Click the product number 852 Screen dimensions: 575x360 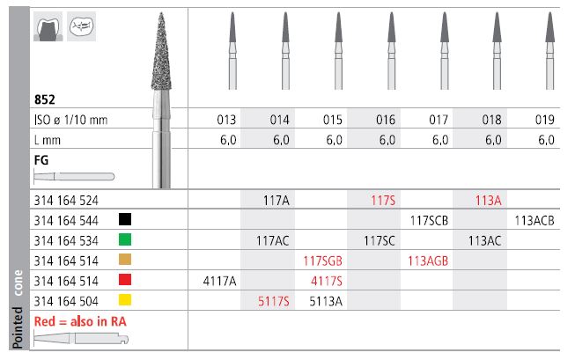tap(44, 99)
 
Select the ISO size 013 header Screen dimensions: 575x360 tap(226, 120)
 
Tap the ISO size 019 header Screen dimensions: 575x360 tap(544, 120)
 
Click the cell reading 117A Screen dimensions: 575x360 tap(276, 201)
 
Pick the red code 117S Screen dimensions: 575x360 tap(383, 201)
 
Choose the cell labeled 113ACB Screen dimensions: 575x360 tap(534, 221)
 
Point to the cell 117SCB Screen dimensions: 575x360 tap(429, 221)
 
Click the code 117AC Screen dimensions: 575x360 tap(272, 241)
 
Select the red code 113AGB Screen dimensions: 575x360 tap(428, 261)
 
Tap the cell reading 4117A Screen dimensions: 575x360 tap(219, 281)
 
